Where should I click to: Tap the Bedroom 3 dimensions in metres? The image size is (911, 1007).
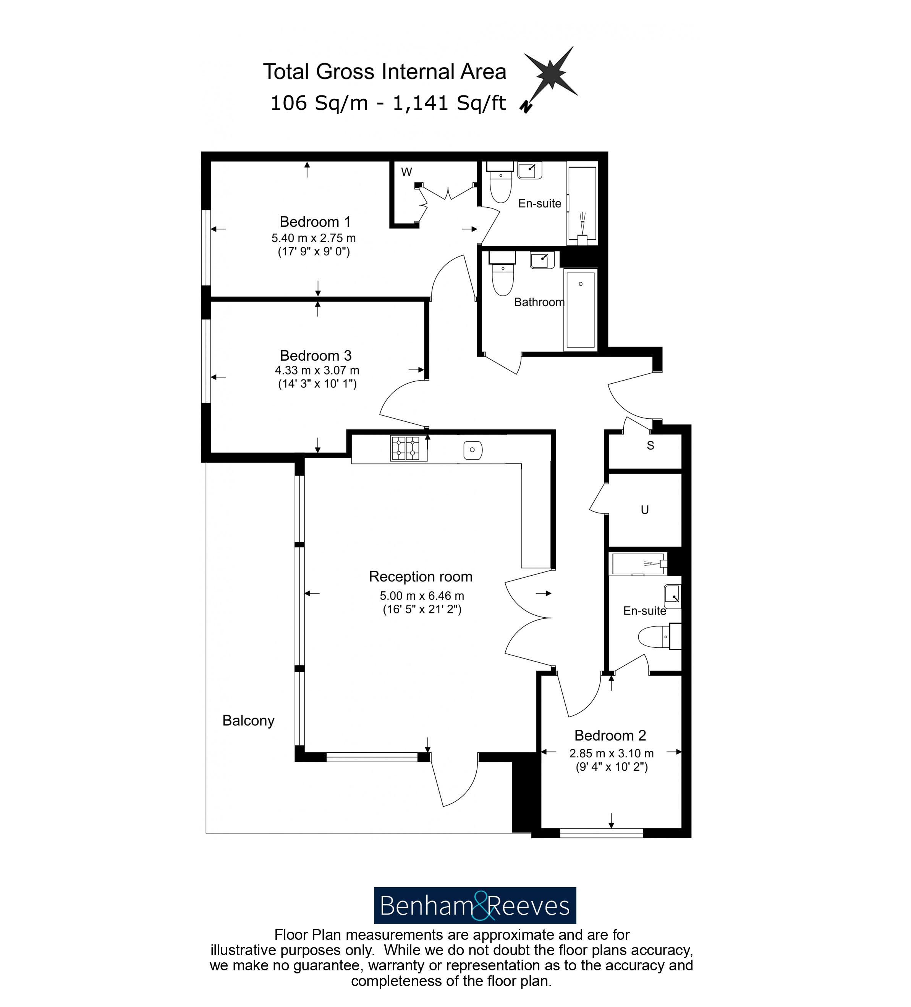(x=317, y=370)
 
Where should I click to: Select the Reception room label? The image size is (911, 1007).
(x=420, y=576)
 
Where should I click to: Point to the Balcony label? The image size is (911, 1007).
(x=248, y=720)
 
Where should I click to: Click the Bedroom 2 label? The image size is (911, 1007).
(x=610, y=735)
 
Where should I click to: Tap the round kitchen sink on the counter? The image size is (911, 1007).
(x=472, y=450)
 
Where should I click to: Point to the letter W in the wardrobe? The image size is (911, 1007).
(x=406, y=172)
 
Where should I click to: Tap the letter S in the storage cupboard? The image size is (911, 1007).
(x=650, y=445)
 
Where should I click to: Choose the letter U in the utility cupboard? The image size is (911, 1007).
(x=645, y=510)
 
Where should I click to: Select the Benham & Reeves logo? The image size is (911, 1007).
(x=475, y=905)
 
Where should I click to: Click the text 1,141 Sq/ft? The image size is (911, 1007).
(x=449, y=103)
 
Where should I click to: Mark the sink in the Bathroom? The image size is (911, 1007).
(x=541, y=260)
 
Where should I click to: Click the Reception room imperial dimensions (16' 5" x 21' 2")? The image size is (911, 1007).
(x=422, y=609)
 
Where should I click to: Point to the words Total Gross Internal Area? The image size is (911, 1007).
(x=384, y=71)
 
